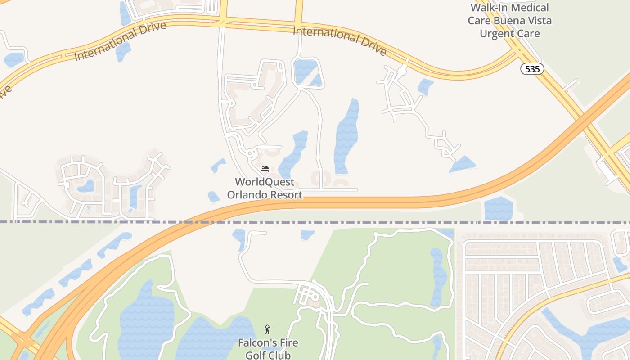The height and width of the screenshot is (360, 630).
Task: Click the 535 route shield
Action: pyautogui.click(x=532, y=69)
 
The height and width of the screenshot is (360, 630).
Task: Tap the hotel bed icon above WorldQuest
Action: pyautogui.click(x=265, y=169)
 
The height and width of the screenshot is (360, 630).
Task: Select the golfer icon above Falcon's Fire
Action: pyautogui.click(x=268, y=329)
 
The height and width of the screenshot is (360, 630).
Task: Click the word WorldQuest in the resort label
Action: pyautogui.click(x=265, y=182)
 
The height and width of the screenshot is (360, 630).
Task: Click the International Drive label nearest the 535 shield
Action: pyautogui.click(x=340, y=41)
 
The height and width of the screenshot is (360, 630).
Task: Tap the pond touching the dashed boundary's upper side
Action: pyautogui.click(x=499, y=209)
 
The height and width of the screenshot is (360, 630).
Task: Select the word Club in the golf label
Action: pyautogui.click(x=280, y=355)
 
